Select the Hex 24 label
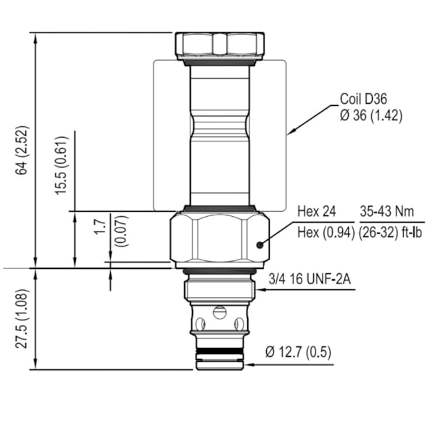[x=317, y=212]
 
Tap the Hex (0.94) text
[x=325, y=232]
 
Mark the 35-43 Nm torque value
[x=387, y=212]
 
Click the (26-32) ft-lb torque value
[x=391, y=232]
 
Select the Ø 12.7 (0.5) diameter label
[x=297, y=352]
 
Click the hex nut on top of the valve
[x=220, y=45]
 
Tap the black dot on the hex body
[x=260, y=245]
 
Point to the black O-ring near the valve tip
[x=220, y=352]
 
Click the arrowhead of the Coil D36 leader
[x=289, y=133]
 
